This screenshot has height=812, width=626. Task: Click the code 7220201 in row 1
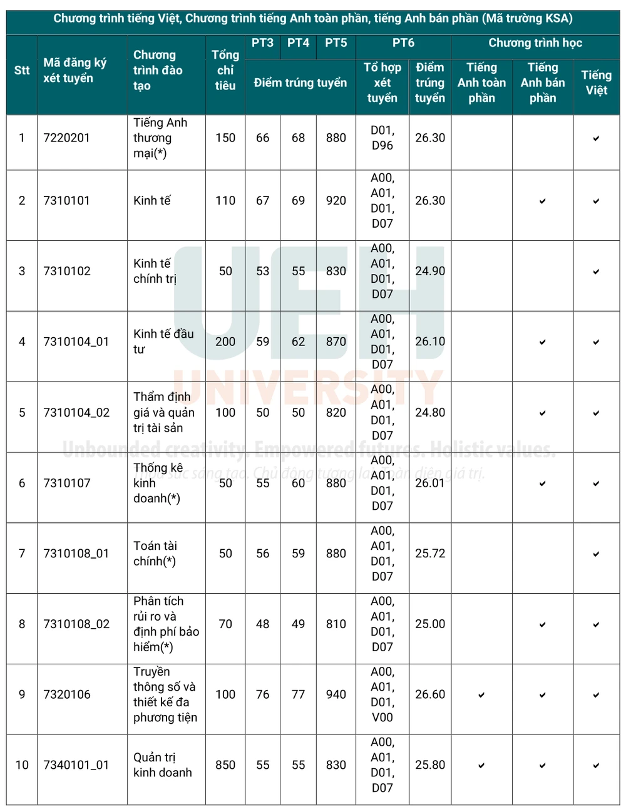pyautogui.click(x=66, y=138)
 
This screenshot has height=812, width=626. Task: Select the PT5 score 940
pyautogui.click(x=336, y=694)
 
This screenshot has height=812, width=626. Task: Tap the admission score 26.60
pyautogui.click(x=430, y=694)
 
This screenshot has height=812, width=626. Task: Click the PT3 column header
pyautogui.click(x=262, y=43)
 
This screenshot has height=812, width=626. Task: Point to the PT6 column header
pyautogui.click(x=403, y=43)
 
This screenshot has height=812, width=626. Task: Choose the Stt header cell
pyautogui.click(x=22, y=70)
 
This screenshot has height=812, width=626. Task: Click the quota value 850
pyautogui.click(x=225, y=765)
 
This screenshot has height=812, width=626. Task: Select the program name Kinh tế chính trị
pyautogui.click(x=155, y=271)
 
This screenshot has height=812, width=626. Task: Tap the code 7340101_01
pyautogui.click(x=76, y=765)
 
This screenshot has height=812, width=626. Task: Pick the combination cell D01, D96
pyautogui.click(x=382, y=138)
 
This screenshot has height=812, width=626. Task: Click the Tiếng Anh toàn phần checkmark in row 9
pyautogui.click(x=481, y=695)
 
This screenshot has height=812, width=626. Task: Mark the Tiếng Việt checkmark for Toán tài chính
pyautogui.click(x=596, y=554)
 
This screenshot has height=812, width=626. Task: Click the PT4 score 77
pyautogui.click(x=298, y=694)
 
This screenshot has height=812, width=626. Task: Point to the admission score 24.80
pyautogui.click(x=430, y=413)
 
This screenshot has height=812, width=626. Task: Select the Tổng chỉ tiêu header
pyautogui.click(x=225, y=70)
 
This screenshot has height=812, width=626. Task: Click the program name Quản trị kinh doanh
pyautogui.click(x=162, y=765)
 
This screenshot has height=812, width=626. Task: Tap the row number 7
pyautogui.click(x=22, y=554)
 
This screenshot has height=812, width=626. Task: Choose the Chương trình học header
pyautogui.click(x=535, y=43)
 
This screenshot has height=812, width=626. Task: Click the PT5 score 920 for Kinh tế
pyautogui.click(x=336, y=201)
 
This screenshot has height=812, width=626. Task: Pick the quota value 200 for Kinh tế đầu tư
pyautogui.click(x=225, y=342)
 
